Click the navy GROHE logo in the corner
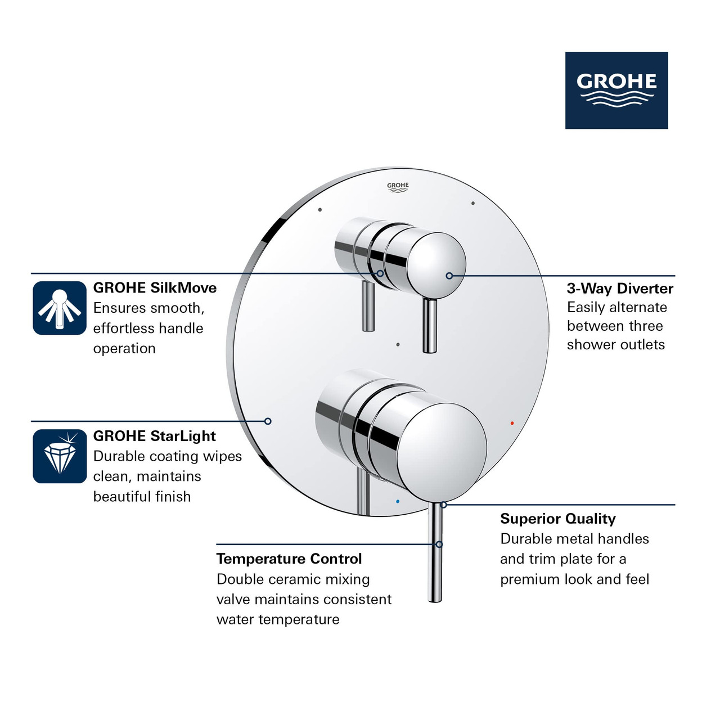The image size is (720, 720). [616, 90]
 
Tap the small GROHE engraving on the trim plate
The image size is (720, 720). [398, 187]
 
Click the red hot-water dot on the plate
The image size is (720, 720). [512, 422]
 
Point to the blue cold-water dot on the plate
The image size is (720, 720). [398, 501]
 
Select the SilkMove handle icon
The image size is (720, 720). [60, 308]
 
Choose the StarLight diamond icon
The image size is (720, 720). [60, 456]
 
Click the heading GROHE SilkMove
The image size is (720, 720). [155, 288]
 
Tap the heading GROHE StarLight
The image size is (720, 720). [155, 436]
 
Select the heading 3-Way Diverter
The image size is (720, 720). [620, 289]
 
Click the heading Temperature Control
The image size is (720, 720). [289, 559]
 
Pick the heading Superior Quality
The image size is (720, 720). [558, 519]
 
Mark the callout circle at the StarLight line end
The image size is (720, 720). [268, 421]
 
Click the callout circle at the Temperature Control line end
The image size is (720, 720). [439, 544]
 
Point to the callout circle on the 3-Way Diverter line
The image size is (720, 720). [449, 276]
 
